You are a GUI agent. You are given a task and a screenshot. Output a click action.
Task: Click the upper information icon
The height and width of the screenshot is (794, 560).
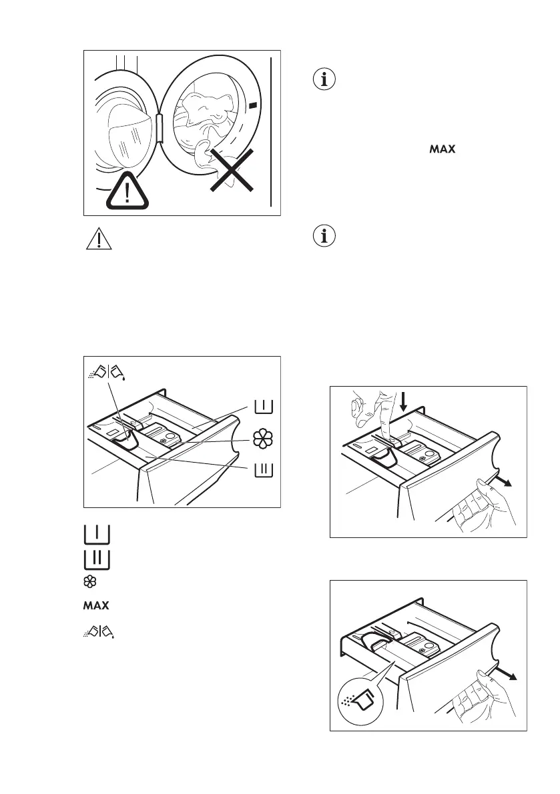click(326, 79)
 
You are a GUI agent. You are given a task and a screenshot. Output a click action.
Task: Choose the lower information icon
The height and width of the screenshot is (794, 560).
click(326, 237)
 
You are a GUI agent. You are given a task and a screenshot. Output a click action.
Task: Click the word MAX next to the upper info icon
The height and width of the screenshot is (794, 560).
click(442, 150)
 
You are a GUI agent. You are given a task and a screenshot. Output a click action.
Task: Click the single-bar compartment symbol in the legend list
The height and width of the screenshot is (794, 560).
click(97, 534)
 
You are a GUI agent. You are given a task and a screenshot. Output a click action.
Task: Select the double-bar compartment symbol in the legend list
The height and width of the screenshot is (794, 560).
click(97, 559)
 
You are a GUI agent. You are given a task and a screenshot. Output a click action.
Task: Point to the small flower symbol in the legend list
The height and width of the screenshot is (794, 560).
click(87, 582)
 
